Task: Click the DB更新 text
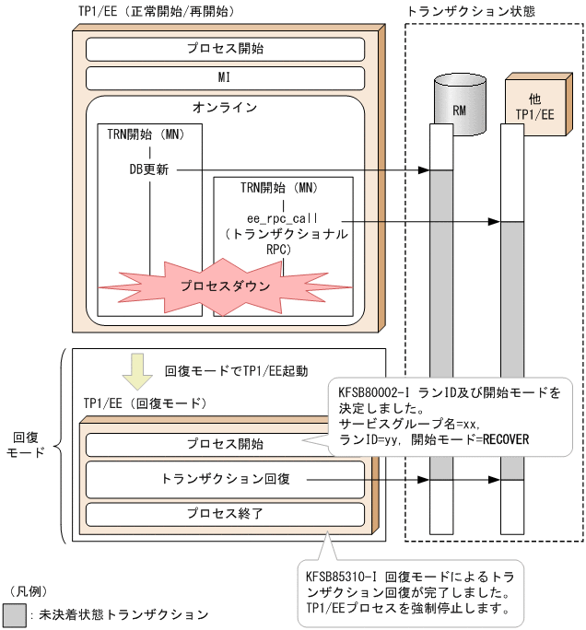click(148, 170)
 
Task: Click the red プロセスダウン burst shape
click(225, 286)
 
